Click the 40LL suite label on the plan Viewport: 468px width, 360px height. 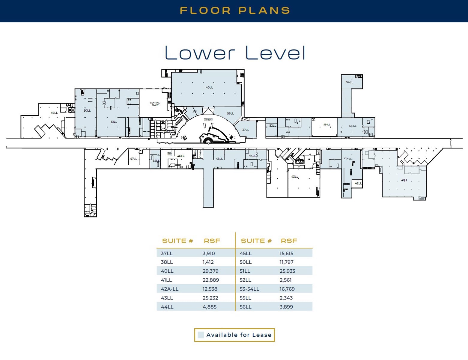(209, 88)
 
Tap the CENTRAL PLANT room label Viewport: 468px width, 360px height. (155, 104)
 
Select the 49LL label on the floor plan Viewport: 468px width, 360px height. (54, 113)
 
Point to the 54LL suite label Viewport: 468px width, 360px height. (350, 82)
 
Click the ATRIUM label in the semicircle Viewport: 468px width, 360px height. (208, 120)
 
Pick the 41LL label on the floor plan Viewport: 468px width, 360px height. (404, 180)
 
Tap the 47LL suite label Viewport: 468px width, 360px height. (133, 159)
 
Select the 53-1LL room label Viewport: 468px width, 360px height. (327, 125)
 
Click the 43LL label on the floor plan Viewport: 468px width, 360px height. (295, 177)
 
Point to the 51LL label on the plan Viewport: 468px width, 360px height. (114, 122)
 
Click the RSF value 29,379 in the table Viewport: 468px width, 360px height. (210, 271)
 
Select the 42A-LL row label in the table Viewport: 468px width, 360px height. (169, 289)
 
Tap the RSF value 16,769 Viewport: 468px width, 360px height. (287, 289)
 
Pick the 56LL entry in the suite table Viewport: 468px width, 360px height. (245, 307)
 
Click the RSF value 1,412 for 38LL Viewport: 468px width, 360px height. (208, 262)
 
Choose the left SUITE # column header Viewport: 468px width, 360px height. (177, 241)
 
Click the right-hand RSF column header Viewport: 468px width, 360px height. (289, 241)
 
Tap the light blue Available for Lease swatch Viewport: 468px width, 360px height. (201, 335)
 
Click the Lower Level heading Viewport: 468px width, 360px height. (235, 53)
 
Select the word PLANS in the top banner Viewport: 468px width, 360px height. (264, 11)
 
